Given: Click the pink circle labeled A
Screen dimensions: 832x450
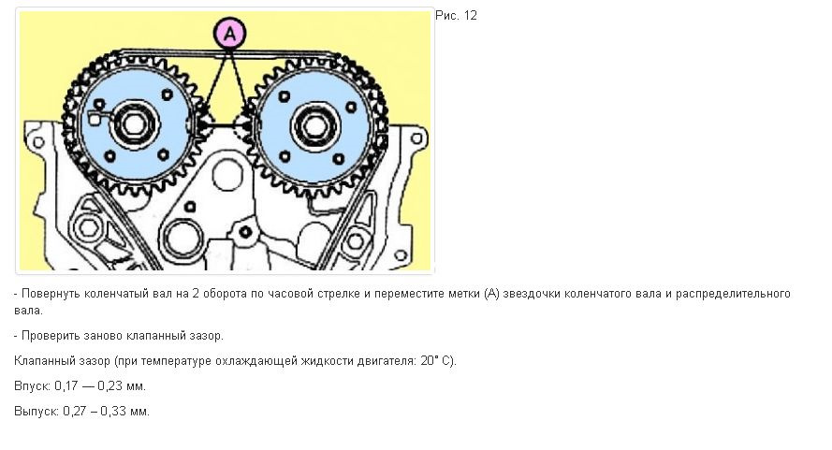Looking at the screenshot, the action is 229,33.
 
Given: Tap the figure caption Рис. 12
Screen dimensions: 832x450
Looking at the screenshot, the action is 456,15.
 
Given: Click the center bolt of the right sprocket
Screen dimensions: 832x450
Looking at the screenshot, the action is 314,126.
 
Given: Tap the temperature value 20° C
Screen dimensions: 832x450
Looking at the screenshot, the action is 437,361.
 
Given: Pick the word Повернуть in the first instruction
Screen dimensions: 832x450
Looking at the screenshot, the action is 51,294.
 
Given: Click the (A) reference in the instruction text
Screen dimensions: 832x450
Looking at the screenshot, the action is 492,294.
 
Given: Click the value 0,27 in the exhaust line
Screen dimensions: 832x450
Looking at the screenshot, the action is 74,411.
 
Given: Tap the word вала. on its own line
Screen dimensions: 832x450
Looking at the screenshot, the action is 29,311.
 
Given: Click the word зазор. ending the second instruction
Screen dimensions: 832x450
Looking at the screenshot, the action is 207,335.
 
